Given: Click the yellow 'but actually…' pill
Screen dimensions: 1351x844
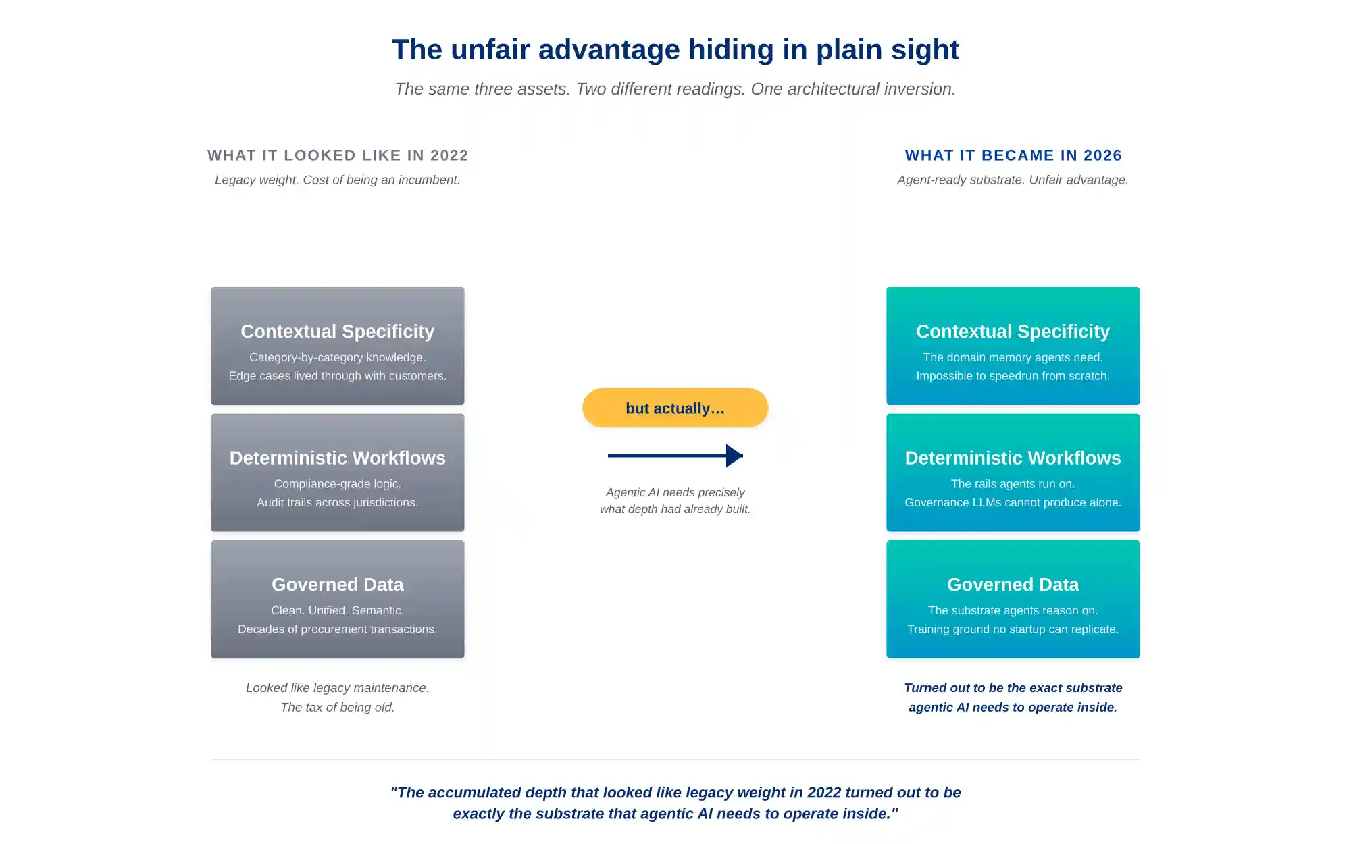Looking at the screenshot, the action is tap(675, 408).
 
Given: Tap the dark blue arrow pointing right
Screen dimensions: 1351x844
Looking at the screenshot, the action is tap(675, 456).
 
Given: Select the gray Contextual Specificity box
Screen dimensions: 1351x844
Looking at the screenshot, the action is tap(338, 346).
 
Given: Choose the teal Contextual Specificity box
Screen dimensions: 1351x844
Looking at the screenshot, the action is tap(1013, 346).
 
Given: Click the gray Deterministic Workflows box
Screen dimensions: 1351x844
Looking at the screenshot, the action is tap(338, 473).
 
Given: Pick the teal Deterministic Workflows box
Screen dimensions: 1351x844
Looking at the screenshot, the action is tap(1013, 473).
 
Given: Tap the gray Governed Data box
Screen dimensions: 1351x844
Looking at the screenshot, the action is tap(338, 599).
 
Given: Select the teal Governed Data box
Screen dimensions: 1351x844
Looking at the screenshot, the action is tap(1013, 599).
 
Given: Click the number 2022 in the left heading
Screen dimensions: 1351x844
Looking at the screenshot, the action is tap(449, 155).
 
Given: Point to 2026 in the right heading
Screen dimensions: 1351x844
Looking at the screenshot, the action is tap(1102, 155).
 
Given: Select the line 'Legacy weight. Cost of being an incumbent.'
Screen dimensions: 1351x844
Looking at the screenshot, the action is tap(337, 180).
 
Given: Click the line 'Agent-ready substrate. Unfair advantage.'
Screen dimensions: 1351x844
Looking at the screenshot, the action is tap(1013, 180).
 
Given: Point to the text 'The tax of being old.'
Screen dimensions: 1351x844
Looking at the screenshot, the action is tap(337, 707).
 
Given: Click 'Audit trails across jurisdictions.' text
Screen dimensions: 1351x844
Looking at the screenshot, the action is tap(337, 502).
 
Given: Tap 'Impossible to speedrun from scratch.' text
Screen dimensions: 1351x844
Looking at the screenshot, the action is tap(1013, 376).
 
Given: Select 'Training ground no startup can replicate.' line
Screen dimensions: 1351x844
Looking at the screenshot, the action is tap(1013, 629).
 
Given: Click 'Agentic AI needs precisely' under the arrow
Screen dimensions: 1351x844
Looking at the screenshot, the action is tap(675, 492).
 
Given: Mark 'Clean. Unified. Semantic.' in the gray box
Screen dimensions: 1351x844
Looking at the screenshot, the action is tap(337, 610).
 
